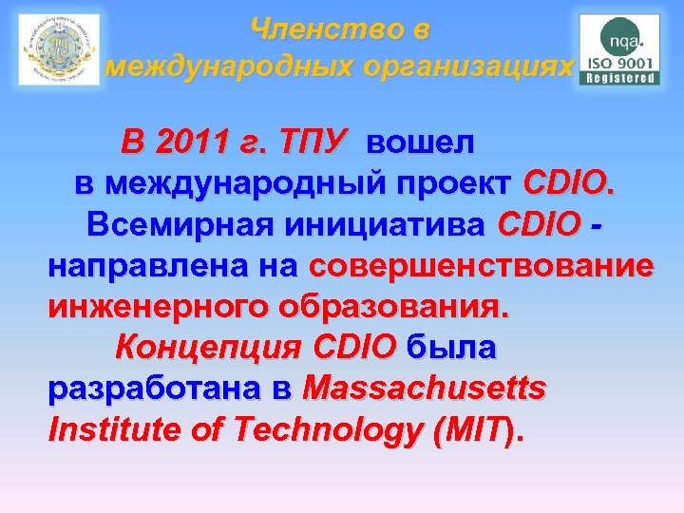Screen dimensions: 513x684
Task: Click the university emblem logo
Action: [x=59, y=50]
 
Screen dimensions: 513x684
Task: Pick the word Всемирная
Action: [x=179, y=224]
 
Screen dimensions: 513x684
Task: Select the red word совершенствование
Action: [x=481, y=266]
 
